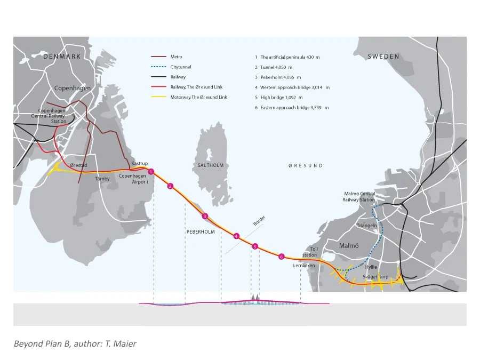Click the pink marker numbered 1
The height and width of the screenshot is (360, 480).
tap(151, 172)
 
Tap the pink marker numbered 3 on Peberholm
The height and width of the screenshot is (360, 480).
tap(205, 216)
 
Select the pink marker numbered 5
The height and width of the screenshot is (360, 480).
tap(255, 246)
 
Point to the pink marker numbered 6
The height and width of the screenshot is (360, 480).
tap(281, 257)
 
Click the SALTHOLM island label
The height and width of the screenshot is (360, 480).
tap(210, 165)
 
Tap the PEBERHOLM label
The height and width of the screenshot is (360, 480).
tap(201, 232)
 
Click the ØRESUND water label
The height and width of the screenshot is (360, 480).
tap(305, 166)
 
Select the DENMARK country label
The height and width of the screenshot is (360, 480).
tap(62, 57)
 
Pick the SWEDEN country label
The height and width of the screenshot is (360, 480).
tap(383, 57)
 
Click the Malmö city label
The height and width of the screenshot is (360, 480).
tap(349, 245)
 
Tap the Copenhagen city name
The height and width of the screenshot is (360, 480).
tap(72, 88)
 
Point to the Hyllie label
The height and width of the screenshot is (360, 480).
tap(371, 267)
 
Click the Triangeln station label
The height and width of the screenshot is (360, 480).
tap(367, 226)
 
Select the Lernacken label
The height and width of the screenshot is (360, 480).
tap(303, 266)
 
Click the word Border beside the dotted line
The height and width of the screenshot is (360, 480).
tap(259, 221)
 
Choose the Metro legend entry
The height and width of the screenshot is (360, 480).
tap(176, 57)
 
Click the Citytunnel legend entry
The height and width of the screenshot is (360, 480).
tap(181, 67)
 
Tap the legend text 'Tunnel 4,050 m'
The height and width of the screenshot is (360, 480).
tap(274, 67)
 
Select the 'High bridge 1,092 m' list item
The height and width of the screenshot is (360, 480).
tap(278, 98)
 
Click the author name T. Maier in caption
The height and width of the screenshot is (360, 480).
tap(121, 344)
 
